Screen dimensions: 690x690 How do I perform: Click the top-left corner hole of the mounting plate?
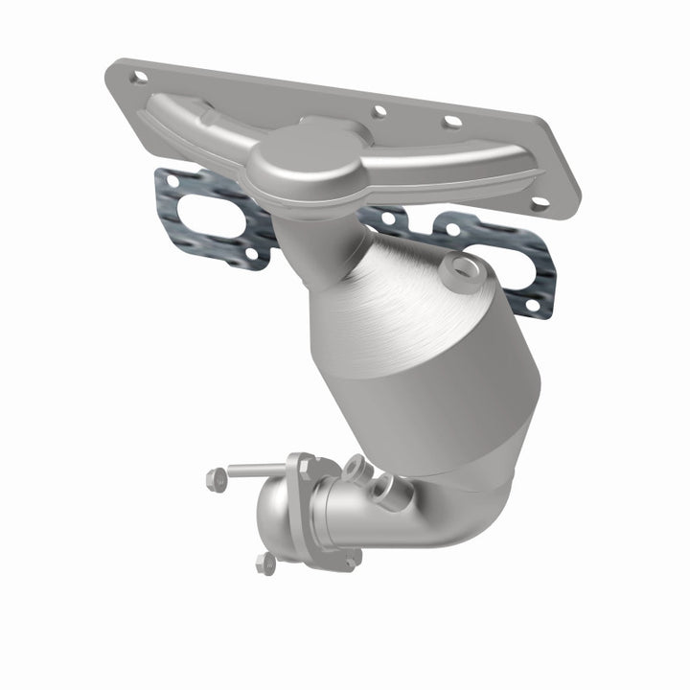(x=139, y=77)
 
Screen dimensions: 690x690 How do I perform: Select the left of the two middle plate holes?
(x=379, y=112)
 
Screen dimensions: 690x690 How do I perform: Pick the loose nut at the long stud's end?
(x=217, y=476)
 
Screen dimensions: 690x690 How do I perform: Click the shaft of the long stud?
(x=254, y=471)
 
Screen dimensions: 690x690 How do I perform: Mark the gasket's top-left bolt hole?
(x=172, y=178)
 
